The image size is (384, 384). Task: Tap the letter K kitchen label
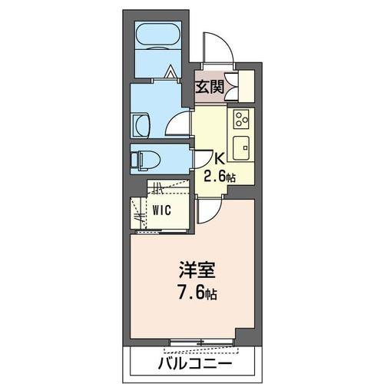click(x=218, y=159)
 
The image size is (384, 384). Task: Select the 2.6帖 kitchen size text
click(x=218, y=176)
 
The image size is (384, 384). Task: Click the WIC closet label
click(x=161, y=208)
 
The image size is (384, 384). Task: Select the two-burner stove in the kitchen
click(x=241, y=119)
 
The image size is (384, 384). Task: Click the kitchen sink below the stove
click(x=241, y=144)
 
